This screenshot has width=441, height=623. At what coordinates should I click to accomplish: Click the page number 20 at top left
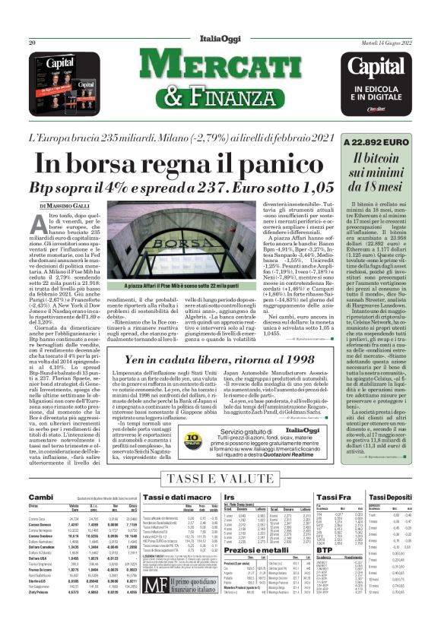pos(33,43)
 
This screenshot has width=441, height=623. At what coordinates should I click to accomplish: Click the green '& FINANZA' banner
pos(220,96)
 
